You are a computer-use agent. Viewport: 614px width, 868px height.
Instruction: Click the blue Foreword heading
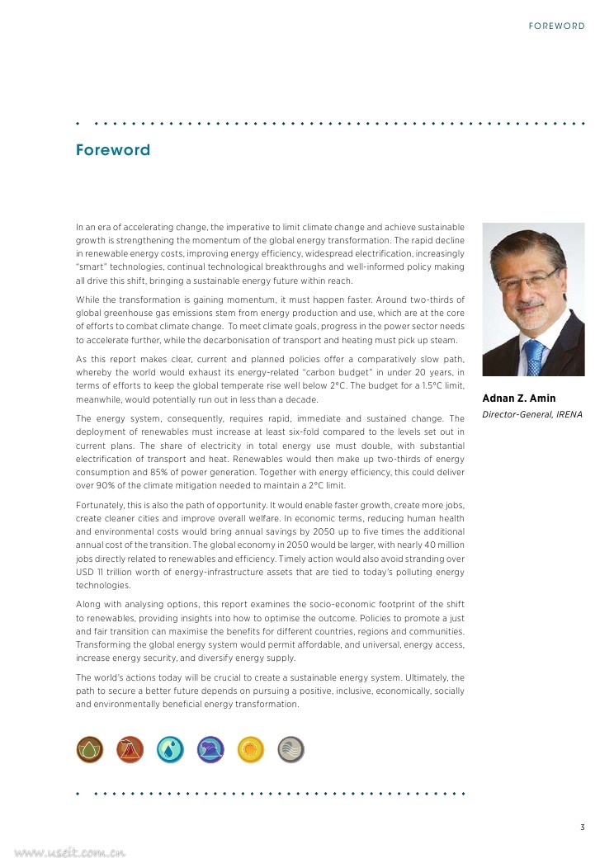pos(113,150)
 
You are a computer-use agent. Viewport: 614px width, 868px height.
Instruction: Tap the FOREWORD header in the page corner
pos(556,26)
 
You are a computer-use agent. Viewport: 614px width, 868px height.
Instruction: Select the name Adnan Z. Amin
pos(518,399)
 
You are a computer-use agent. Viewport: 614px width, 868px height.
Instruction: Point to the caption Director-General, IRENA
pos(532,414)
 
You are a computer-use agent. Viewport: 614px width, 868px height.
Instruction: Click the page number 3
pos(582,828)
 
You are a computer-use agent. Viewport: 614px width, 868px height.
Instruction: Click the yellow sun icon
pos(251,749)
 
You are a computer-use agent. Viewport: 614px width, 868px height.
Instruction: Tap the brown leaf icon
pos(89,749)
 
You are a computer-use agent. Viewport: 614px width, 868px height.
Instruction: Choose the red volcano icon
pos(130,749)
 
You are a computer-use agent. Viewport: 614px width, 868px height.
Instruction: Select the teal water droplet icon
pos(170,749)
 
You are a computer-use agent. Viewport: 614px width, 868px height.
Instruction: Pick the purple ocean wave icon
pos(210,749)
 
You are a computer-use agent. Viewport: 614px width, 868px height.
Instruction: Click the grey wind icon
pos(291,749)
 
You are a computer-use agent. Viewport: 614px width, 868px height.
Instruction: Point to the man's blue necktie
pos(535,357)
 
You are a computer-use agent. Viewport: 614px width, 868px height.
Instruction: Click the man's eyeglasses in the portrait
pos(529,280)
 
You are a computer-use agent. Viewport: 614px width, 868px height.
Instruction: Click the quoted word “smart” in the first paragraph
pos(91,267)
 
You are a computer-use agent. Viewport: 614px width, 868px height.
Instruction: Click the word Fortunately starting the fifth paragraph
pos(100,505)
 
